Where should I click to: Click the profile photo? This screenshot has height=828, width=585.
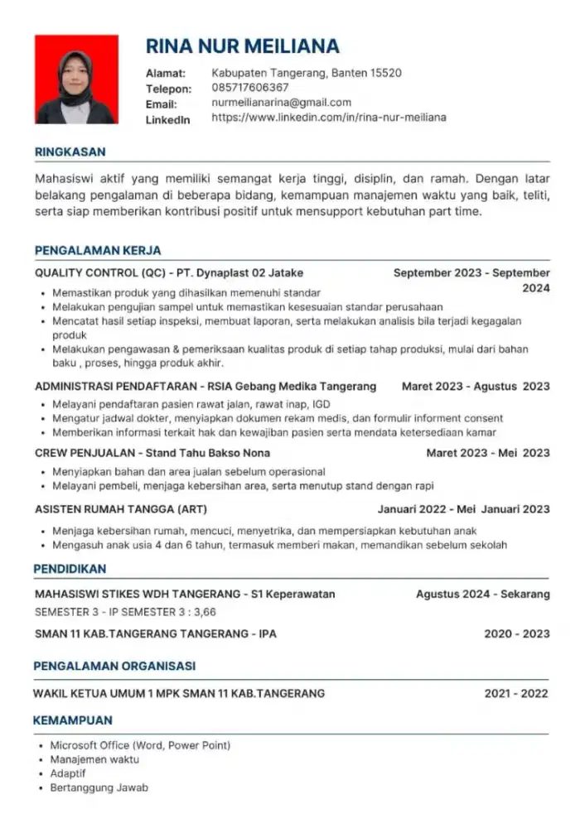[x=76, y=80]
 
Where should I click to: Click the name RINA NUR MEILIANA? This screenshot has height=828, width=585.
[x=243, y=46]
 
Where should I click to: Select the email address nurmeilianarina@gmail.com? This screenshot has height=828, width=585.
[x=282, y=103]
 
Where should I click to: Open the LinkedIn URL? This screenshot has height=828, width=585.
[x=329, y=118]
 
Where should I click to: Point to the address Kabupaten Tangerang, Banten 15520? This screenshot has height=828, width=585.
[x=307, y=73]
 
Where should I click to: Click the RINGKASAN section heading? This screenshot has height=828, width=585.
[x=70, y=152]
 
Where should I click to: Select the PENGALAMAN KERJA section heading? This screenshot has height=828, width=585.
[x=98, y=250]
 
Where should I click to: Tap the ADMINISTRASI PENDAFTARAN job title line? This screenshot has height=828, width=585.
[x=205, y=387]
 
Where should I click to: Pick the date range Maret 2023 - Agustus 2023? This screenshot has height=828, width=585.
[x=475, y=387]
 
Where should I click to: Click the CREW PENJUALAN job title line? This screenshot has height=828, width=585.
[x=152, y=453]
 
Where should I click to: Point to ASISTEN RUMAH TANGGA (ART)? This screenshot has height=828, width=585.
[x=121, y=508]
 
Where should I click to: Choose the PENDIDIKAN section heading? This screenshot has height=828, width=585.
[x=70, y=569]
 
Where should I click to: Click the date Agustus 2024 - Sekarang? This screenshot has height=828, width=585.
[x=482, y=594]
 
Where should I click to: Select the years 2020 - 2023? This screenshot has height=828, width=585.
[x=516, y=633]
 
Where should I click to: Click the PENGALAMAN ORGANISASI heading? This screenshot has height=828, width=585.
[x=114, y=666]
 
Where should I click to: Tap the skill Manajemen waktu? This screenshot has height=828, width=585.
[x=94, y=759]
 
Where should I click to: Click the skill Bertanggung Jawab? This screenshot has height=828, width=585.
[x=99, y=787]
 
